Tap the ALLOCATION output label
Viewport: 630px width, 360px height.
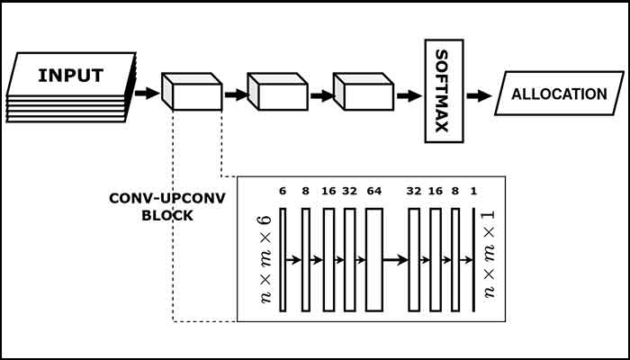pyautogui.click(x=559, y=94)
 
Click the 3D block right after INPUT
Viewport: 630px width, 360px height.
pyautogui.click(x=191, y=91)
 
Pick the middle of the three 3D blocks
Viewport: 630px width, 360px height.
pyautogui.click(x=277, y=91)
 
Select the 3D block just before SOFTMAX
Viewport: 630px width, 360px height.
pyautogui.click(x=363, y=91)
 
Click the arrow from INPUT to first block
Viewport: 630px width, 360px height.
pyautogui.click(x=145, y=91)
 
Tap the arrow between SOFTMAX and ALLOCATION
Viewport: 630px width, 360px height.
pyautogui.click(x=479, y=94)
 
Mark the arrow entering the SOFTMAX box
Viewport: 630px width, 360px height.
pyautogui.click(x=408, y=93)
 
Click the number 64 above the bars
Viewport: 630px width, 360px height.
pyautogui.click(x=374, y=192)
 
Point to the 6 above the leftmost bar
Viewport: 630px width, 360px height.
pyautogui.click(x=283, y=192)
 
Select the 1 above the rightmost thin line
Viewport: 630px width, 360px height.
pyautogui.click(x=474, y=192)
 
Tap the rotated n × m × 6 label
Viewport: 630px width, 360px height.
pyautogui.click(x=265, y=260)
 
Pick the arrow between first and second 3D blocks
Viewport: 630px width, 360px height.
pyautogui.click(x=235, y=93)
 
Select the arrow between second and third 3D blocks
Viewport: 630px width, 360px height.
pyautogui.click(x=320, y=93)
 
